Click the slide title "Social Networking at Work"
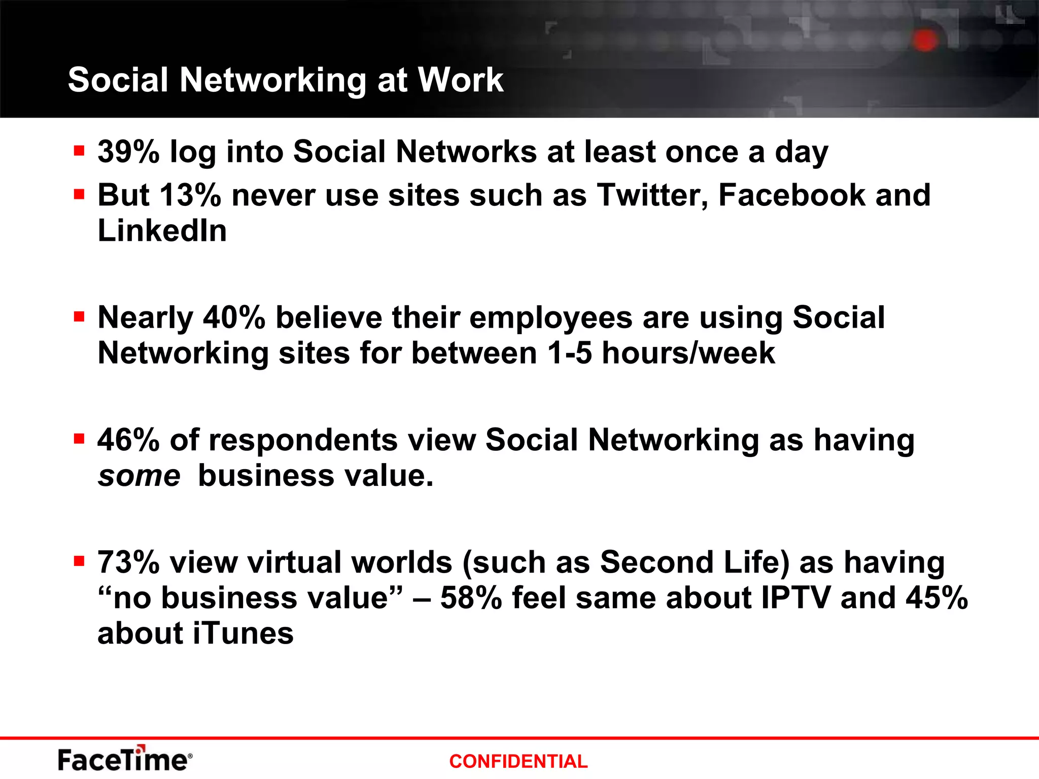(286, 80)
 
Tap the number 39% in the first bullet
(128, 152)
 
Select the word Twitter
(652, 195)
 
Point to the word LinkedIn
(162, 231)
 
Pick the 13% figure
(190, 195)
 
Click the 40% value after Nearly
(234, 318)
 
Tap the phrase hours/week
(688, 353)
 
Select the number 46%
(128, 440)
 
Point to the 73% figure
(128, 562)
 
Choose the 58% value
(471, 598)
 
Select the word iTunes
(244, 634)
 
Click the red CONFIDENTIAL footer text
(518, 761)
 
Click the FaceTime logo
(125, 759)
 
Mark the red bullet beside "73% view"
(79, 561)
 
